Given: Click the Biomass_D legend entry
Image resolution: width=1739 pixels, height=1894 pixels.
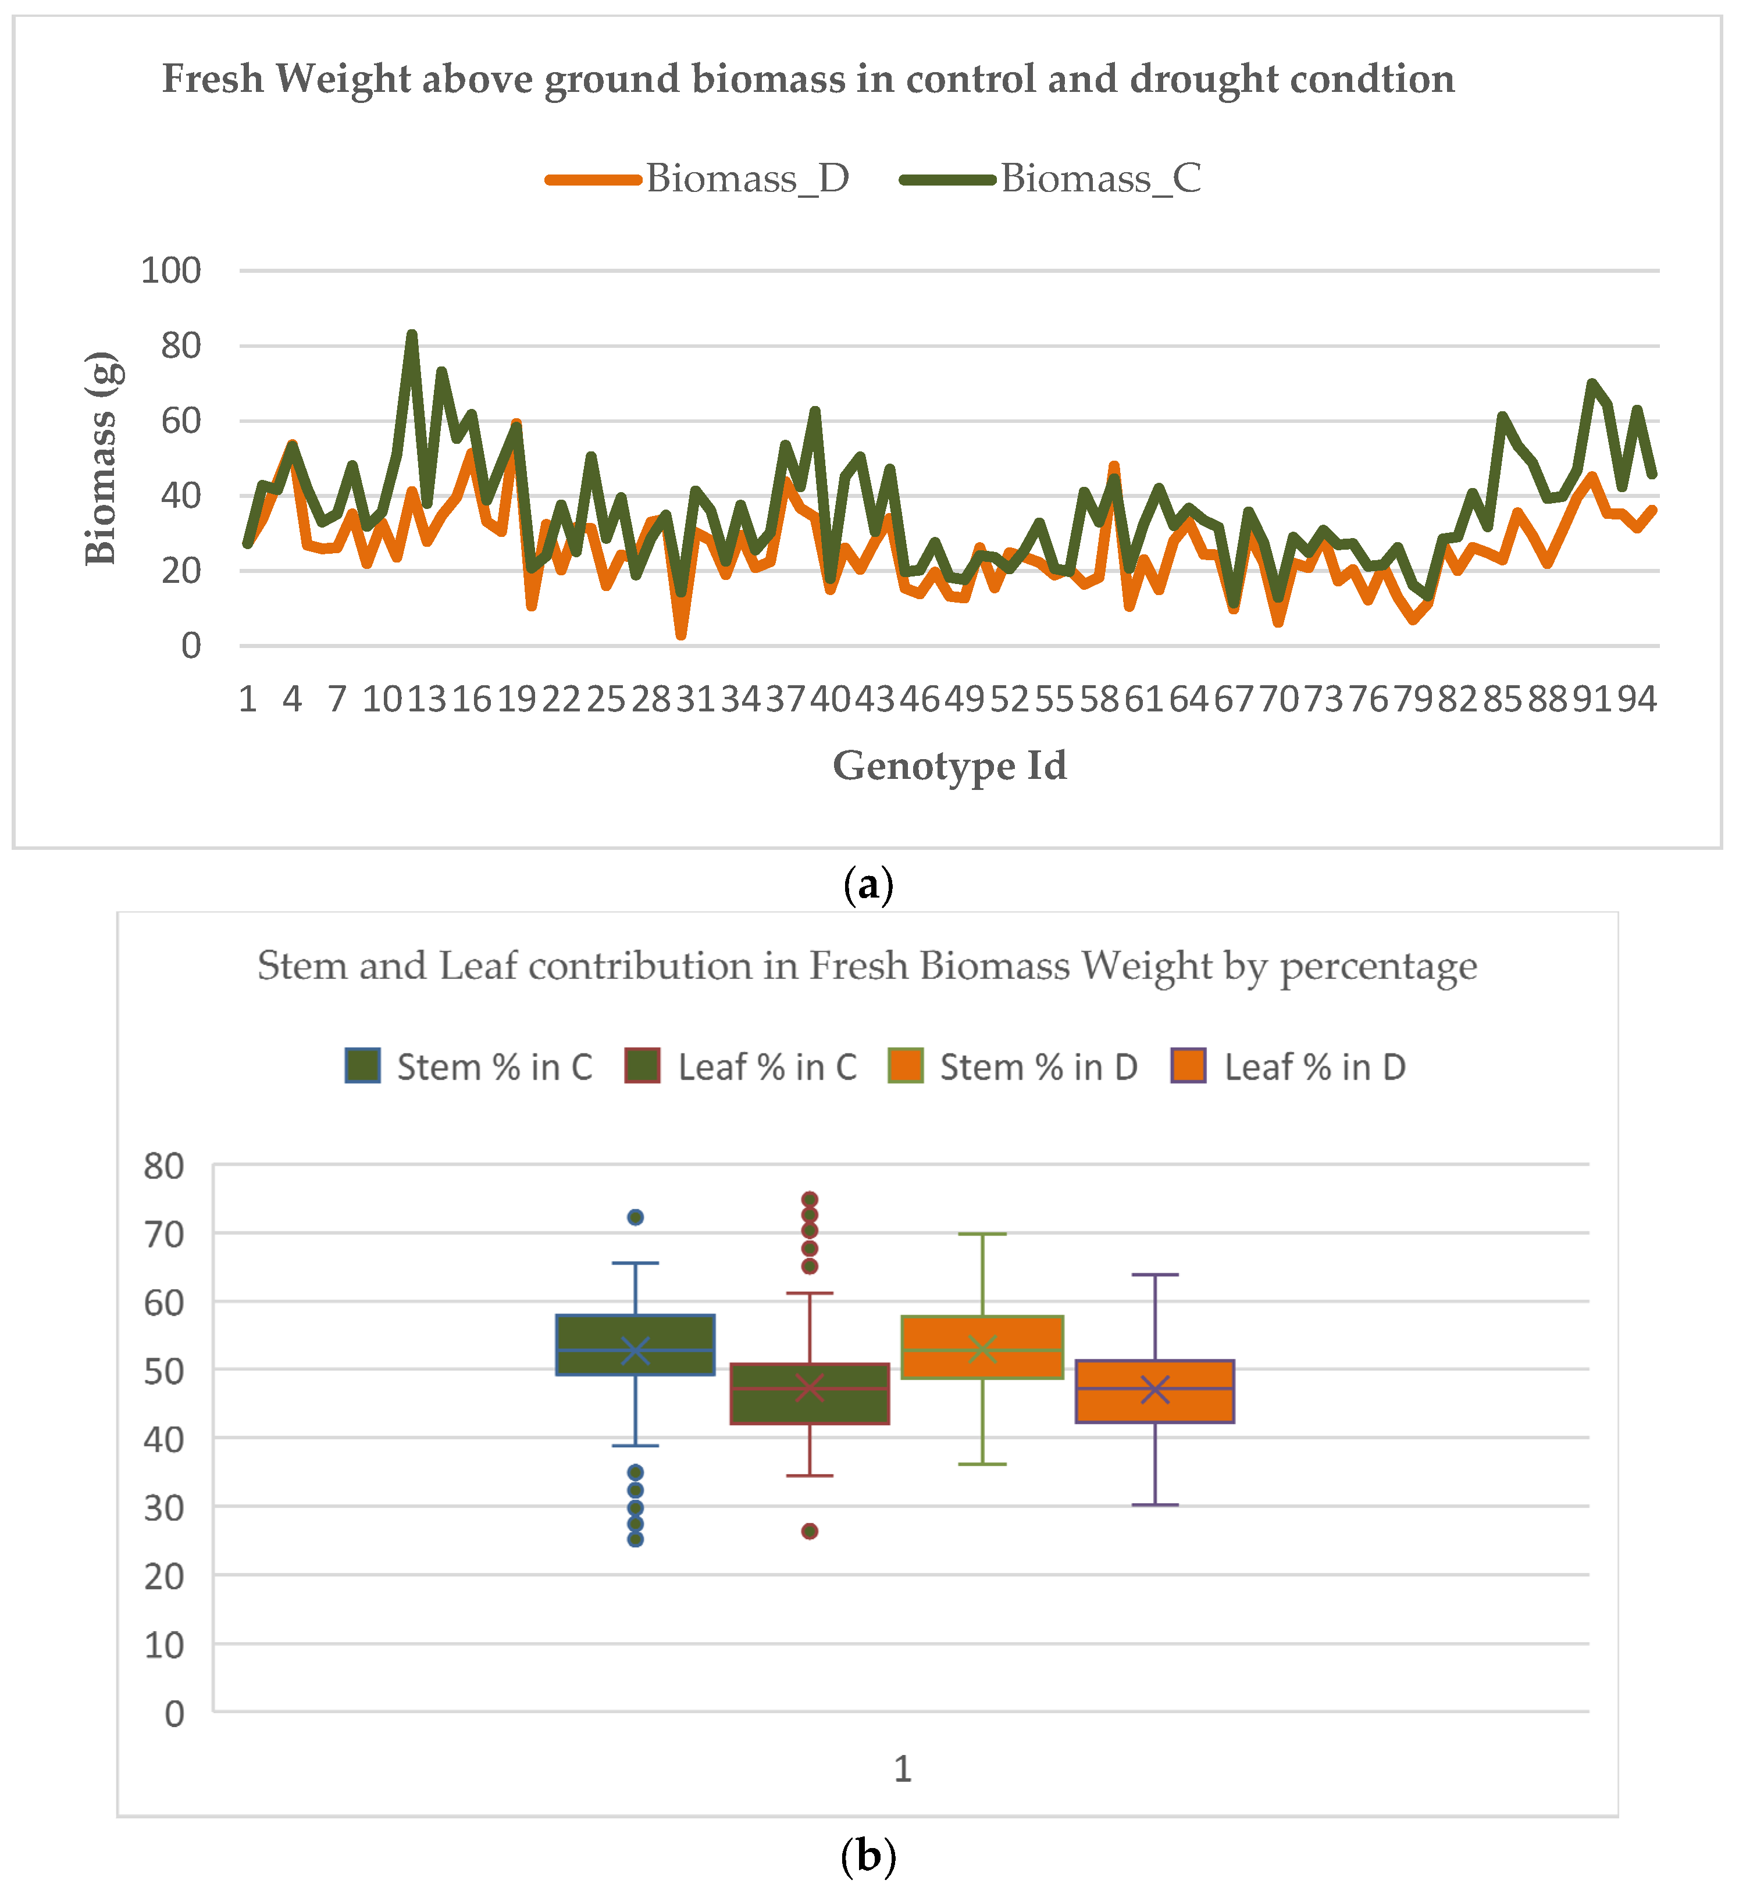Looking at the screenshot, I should pyautogui.click(x=699, y=178).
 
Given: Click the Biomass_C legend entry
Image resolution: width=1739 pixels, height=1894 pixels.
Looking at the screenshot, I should pyautogui.click(x=1051, y=178).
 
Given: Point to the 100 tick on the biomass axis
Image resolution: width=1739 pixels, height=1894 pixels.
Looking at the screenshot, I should pyautogui.click(x=170, y=271).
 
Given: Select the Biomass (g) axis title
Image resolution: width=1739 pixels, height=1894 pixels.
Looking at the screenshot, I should pyautogui.click(x=100, y=458).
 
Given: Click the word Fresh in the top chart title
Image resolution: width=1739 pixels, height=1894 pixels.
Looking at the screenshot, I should pyautogui.click(x=213, y=79).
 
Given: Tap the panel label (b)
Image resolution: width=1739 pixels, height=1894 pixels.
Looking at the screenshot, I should pyautogui.click(x=868, y=1856).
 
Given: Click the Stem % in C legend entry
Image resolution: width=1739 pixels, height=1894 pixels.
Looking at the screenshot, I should pyautogui.click(x=469, y=1067).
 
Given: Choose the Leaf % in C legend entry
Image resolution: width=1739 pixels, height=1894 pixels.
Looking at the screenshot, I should pyautogui.click(x=742, y=1067).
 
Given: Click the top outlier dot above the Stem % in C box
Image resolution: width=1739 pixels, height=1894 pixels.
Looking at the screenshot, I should pyautogui.click(x=635, y=1217).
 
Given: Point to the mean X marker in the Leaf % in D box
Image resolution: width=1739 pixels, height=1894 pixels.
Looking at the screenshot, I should pyautogui.click(x=1154, y=1390).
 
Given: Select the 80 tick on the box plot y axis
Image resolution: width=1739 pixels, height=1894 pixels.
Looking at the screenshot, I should pyautogui.click(x=164, y=1166).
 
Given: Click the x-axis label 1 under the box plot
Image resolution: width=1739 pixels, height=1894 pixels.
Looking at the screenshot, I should pyautogui.click(x=901, y=1770).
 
